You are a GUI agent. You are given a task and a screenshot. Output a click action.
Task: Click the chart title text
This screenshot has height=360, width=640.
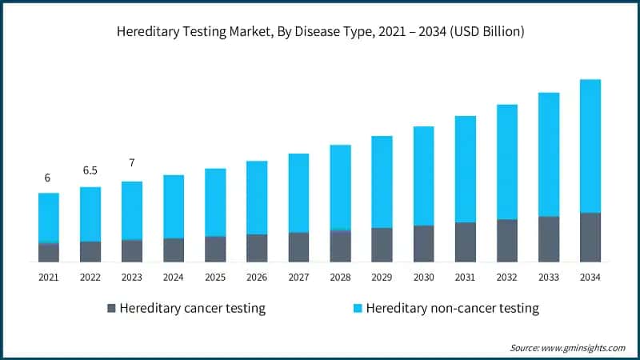coord(320,33)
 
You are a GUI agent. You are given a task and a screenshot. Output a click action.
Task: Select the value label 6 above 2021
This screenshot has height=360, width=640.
coord(48,178)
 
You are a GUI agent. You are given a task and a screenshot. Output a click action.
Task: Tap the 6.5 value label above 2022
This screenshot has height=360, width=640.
coord(90,171)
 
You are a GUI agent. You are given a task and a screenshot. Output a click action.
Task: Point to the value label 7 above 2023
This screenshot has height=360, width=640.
coord(132,163)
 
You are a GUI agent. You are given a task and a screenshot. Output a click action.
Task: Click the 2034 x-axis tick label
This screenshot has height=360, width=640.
coord(590,277)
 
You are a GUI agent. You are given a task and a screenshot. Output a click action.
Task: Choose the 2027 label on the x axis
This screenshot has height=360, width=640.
coord(298,277)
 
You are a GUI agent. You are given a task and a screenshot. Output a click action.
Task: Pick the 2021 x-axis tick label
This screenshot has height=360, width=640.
coord(49,277)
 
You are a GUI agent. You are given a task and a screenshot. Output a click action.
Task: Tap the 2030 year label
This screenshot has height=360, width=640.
coord(423,277)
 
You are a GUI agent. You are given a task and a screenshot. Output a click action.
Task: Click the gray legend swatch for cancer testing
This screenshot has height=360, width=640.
coord(111,308)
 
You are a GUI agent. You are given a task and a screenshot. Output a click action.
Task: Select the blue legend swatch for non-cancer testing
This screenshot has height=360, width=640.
coord(357,308)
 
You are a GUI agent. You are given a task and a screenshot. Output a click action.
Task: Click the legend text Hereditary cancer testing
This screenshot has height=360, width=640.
coord(192,308)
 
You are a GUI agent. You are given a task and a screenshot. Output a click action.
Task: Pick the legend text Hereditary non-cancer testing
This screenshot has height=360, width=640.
coord(452,308)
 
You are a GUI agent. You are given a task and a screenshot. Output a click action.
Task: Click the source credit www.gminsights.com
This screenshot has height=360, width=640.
coord(567,348)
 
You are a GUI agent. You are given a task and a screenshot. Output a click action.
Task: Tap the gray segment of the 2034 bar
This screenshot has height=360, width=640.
coord(590,237)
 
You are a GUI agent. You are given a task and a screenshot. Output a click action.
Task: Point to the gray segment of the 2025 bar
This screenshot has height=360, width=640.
coord(215,249)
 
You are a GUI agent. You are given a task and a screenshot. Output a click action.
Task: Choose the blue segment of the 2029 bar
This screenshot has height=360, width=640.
coord(382,182)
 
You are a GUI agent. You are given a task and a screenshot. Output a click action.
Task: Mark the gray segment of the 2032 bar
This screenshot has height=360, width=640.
coord(506,240)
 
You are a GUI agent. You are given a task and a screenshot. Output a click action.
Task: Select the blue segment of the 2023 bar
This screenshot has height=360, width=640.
coord(132,210)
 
